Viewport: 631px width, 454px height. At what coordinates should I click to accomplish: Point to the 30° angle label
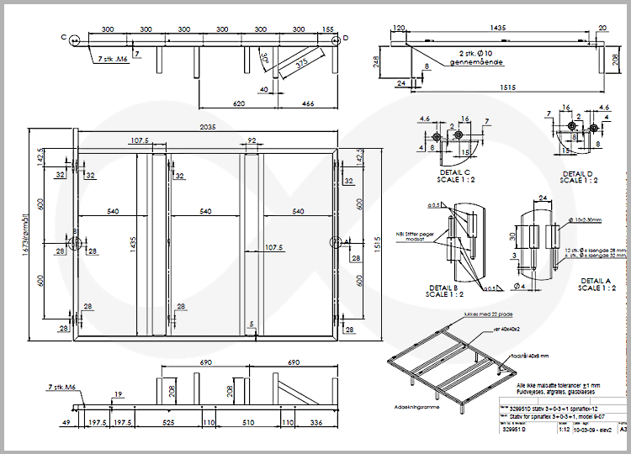pyautogui.click(x=266, y=58)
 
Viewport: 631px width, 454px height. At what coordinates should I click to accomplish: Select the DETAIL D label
pyautogui.click(x=578, y=173)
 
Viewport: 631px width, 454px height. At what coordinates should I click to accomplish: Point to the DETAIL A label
pyautogui.click(x=596, y=281)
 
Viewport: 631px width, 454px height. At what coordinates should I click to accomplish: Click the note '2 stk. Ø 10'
pyautogui.click(x=475, y=52)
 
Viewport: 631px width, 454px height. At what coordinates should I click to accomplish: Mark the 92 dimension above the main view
pyautogui.click(x=251, y=140)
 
